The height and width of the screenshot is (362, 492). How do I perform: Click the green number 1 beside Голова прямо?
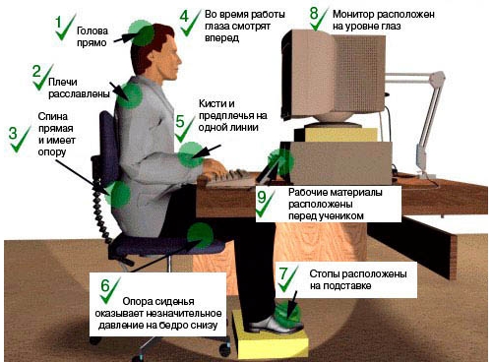click(58, 23)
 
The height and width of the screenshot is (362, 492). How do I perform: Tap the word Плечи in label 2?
click(63, 82)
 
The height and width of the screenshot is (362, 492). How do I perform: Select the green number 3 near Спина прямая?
click(13, 133)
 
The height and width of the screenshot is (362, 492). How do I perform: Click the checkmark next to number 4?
click(190, 23)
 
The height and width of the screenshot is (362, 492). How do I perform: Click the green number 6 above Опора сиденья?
click(105, 285)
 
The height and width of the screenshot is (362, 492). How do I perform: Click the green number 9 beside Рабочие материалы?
click(262, 198)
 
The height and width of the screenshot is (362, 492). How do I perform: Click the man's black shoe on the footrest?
click(275, 325)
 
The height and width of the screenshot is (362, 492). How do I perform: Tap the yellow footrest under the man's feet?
click(271, 336)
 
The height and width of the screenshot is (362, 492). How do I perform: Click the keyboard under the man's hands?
click(229, 179)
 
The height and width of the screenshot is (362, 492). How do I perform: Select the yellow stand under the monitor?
click(341, 135)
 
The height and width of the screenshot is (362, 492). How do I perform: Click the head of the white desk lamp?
click(437, 80)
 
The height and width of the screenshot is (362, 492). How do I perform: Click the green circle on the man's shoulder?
click(130, 95)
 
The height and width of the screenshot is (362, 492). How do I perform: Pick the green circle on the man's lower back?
click(118, 195)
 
